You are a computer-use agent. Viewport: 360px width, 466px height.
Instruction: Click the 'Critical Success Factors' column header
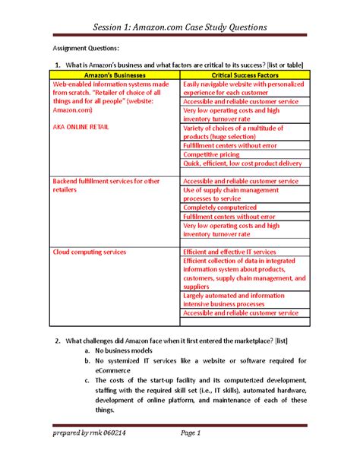pos(245,76)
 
